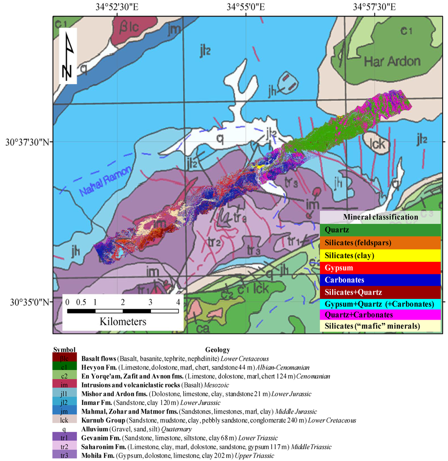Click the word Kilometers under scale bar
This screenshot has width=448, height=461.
pos(123,321)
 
